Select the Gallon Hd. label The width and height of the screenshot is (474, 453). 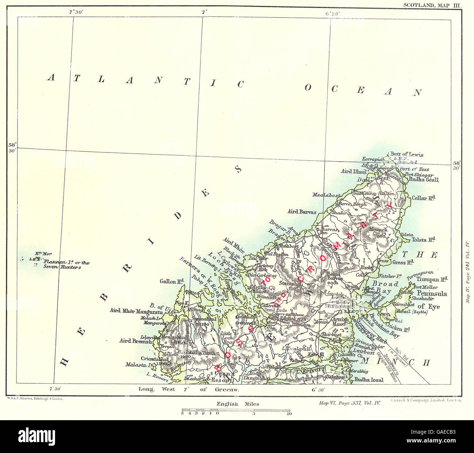click(x=171, y=281)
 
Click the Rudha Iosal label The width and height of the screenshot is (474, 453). click(x=369, y=380)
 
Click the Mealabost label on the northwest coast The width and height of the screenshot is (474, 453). click(x=325, y=195)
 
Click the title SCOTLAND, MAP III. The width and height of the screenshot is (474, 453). click(x=432, y=5)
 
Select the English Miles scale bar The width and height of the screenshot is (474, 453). click(x=236, y=410)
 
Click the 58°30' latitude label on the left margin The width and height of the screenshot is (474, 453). click(x=12, y=147)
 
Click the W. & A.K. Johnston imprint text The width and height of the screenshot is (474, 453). click(x=35, y=399)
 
